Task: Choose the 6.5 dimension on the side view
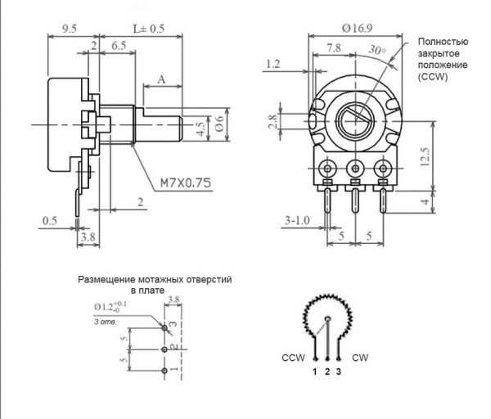[118, 48]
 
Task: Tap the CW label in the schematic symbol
[361, 358]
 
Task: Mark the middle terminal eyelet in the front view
[355, 169]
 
